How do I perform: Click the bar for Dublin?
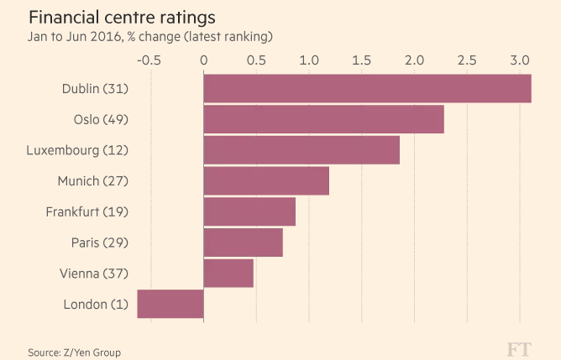tap(367, 89)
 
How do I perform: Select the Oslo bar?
tap(323, 119)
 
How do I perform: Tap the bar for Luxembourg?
tap(301, 150)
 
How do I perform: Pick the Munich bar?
tap(266, 180)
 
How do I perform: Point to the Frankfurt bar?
tap(249, 211)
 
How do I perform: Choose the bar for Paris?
tap(243, 243)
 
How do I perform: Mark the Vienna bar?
tap(228, 273)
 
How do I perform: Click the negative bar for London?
tap(170, 304)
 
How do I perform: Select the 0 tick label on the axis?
tap(203, 60)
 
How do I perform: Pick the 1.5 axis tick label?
tap(362, 60)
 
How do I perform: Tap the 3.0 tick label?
tap(520, 60)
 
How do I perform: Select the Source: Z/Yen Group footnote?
tap(74, 352)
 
